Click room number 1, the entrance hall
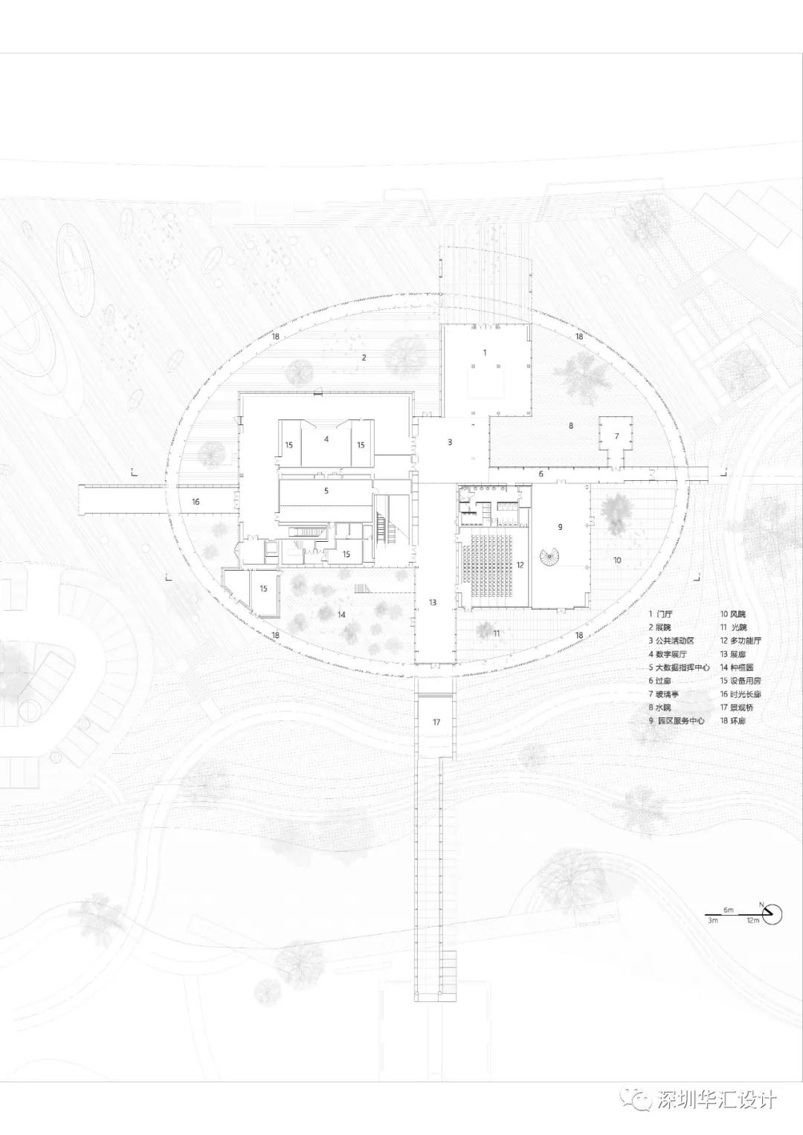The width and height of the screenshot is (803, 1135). tap(484, 352)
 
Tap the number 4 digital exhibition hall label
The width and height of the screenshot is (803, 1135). tap(326, 439)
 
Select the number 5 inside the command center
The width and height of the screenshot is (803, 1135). tap(326, 491)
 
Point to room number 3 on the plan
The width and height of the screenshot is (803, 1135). tap(449, 442)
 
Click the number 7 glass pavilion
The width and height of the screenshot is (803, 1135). tap(616, 434)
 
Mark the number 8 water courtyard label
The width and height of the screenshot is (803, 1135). tap(571, 426)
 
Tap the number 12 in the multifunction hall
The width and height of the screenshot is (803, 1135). tap(520, 565)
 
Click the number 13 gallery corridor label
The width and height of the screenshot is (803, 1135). tap(432, 602)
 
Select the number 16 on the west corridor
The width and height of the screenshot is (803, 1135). tap(196, 502)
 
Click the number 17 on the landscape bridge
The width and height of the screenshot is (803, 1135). tap(436, 722)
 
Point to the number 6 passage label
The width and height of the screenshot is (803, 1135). tap(541, 473)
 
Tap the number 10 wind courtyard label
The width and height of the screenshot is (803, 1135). tap(617, 560)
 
